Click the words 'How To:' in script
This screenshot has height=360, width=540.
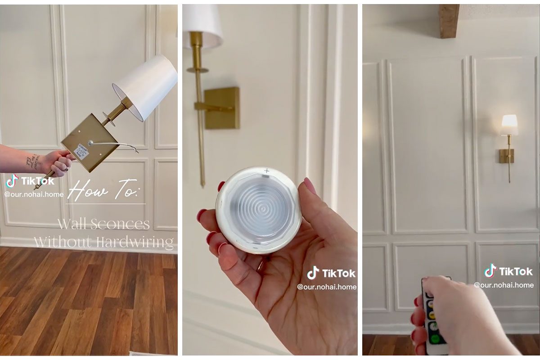pyautogui.click(x=106, y=190)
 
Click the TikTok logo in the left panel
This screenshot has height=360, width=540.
pyautogui.click(x=12, y=181)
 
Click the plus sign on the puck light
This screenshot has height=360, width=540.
pyautogui.click(x=267, y=171)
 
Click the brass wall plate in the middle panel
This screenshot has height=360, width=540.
pyautogui.click(x=223, y=108)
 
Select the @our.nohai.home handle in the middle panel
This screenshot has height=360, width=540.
pyautogui.click(x=327, y=287)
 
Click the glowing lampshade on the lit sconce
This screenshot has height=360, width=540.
pyautogui.click(x=509, y=125)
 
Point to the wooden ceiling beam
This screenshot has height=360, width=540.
pyautogui.click(x=449, y=21)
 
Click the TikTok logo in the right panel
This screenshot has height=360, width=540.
pyautogui.click(x=490, y=271)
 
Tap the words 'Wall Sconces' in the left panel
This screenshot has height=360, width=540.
pyautogui.click(x=103, y=224)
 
